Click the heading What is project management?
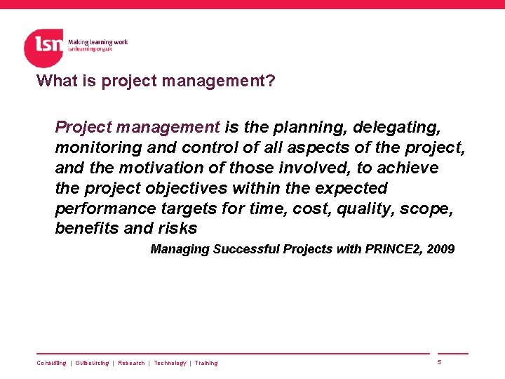click(156, 81)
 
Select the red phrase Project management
click(137, 127)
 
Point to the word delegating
click(397, 127)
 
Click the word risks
click(178, 229)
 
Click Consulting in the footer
click(51, 363)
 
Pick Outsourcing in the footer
click(92, 363)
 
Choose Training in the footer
click(206, 363)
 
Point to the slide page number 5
click(439, 362)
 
